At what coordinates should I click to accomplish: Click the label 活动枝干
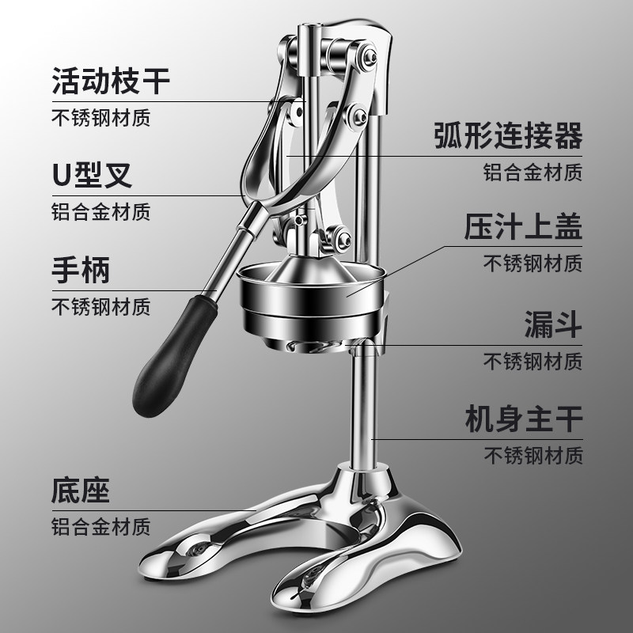[111, 81]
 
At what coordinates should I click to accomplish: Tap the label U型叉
[92, 175]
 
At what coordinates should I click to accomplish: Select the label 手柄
[81, 270]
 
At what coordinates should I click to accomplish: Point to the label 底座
[81, 490]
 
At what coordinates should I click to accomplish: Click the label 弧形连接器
[508, 135]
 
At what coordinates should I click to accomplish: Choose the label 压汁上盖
[523, 226]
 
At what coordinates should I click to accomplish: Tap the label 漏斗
[552, 324]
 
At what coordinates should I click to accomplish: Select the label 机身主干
[524, 419]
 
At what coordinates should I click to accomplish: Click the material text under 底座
[101, 526]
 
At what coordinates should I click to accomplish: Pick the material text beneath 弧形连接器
[533, 172]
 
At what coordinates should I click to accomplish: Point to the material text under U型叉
[101, 211]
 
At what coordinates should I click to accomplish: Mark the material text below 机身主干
[533, 456]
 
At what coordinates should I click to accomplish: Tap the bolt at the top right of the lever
[369, 56]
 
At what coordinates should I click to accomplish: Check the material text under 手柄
[101, 306]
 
